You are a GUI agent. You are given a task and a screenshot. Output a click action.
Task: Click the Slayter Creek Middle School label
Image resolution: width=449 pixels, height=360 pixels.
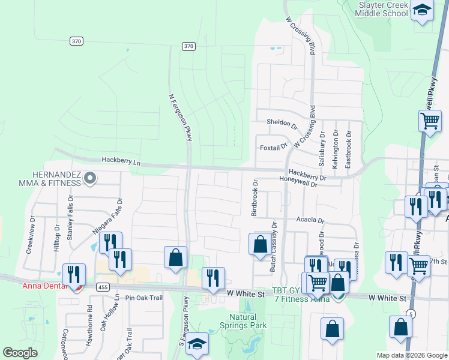[x=383, y=9]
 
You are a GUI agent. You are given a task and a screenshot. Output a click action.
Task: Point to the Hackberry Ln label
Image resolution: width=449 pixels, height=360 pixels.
[x=121, y=161]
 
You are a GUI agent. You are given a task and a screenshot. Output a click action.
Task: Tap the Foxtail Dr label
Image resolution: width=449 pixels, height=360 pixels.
[x=274, y=146]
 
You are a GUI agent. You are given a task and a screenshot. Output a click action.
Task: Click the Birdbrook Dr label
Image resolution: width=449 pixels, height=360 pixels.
[x=255, y=198]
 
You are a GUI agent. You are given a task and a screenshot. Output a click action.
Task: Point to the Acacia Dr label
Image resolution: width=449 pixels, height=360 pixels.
[x=310, y=220]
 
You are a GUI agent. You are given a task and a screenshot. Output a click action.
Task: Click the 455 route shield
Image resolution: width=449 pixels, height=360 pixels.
[x=102, y=287]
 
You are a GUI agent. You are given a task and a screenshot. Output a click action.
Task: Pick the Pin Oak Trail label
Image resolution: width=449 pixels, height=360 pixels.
[x=144, y=298]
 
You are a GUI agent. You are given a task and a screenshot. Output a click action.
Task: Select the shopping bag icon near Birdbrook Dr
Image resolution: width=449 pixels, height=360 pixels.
[x=260, y=244]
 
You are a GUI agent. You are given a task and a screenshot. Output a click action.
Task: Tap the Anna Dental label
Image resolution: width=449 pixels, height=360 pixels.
[x=43, y=285]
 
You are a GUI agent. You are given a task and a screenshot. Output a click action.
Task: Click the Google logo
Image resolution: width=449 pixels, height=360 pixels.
[x=20, y=353]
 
